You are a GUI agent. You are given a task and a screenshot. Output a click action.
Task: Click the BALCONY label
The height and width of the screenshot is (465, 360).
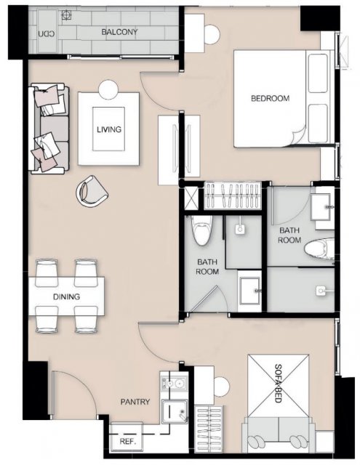coord(119,32)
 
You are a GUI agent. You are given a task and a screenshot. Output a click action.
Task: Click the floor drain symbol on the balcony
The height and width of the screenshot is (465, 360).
coord(67,15)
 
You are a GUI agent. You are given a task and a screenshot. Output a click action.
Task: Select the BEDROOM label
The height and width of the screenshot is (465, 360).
coord(270,98)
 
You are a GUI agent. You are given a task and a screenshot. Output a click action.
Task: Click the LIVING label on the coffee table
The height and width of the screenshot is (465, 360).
coord(109,129)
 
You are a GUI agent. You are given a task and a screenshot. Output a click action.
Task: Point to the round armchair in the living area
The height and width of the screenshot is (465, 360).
coord(92,191)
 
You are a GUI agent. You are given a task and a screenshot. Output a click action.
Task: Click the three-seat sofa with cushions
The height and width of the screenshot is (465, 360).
coord(49,129)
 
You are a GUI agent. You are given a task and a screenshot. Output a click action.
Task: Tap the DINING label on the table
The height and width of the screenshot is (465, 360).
coord(66,296)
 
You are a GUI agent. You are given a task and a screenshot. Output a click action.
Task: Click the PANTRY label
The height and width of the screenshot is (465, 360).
coord(135,402)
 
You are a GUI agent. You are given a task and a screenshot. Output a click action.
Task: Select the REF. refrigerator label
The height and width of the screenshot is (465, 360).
coord(128,441)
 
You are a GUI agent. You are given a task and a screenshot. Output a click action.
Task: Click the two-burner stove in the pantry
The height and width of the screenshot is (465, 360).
coord(173,384)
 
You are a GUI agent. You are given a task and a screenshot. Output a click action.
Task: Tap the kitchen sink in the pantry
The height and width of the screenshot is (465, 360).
coord(175,411)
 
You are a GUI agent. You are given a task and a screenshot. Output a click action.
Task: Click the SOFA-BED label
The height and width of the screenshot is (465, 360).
coord(278,383)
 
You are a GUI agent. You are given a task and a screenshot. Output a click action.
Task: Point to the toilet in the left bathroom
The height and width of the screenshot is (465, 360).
coord(201,230)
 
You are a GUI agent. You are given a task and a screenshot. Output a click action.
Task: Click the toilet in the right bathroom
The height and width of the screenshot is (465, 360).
coord(319,248)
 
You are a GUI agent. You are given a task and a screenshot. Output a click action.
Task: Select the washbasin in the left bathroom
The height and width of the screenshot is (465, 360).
coord(250,291)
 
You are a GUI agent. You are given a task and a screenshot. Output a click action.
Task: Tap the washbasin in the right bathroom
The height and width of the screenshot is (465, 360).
coord(321,207)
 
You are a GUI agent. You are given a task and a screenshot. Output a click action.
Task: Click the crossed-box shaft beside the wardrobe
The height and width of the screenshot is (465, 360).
coord(191,197)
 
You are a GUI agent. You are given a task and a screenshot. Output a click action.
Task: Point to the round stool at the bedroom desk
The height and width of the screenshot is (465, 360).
coord(212,35)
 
